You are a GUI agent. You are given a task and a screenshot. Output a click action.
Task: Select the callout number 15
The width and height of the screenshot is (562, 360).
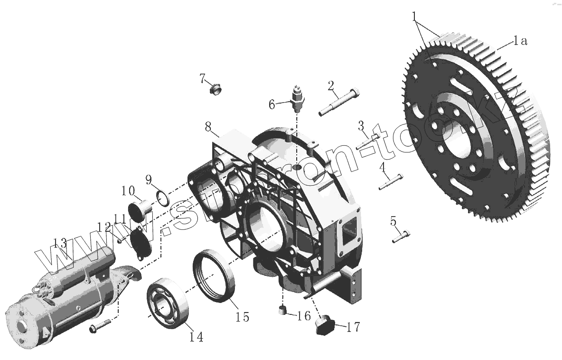click(x=242, y=316)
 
